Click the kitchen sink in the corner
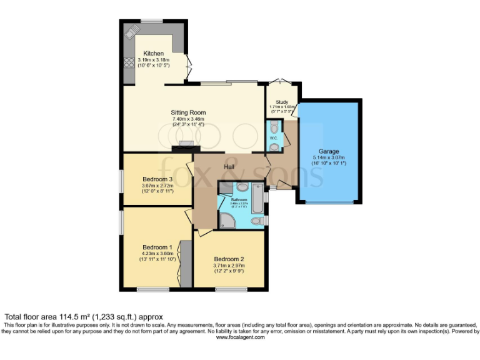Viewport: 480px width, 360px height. point(132,31)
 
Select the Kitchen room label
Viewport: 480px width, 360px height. point(153,53)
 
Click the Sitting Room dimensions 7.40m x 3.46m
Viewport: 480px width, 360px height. point(188,119)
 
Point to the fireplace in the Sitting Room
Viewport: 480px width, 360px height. point(185,145)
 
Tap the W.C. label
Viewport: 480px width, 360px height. point(274,137)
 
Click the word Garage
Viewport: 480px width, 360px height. point(329,151)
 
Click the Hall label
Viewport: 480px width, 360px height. point(230,167)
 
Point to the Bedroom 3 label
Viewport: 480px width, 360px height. point(157,179)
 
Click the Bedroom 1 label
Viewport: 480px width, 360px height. point(156,247)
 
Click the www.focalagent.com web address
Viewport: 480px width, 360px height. point(241,337)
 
